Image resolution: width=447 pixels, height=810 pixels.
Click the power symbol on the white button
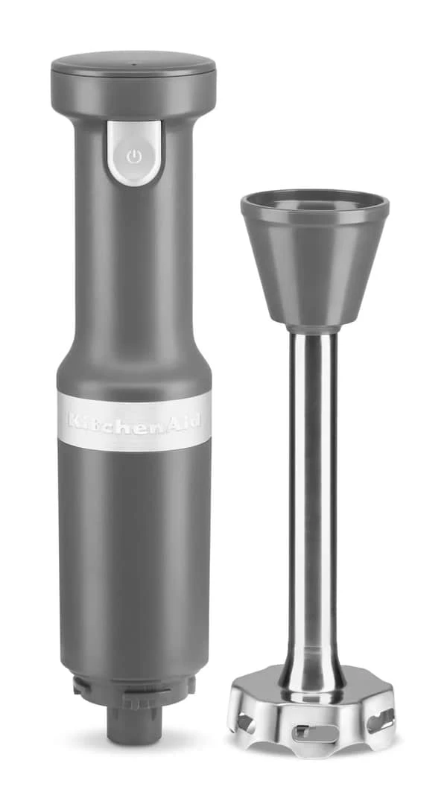[x=133, y=156]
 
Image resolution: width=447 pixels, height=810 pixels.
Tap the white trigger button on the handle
[x=133, y=152]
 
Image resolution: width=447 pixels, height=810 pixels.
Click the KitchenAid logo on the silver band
[x=134, y=421]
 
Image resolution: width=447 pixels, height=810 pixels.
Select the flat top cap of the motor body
[x=133, y=63]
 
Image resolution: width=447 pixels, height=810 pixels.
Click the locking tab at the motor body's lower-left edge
[x=79, y=686]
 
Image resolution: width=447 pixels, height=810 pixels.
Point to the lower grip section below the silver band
[x=134, y=559]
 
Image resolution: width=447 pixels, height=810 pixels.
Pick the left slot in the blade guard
[x=244, y=721]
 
